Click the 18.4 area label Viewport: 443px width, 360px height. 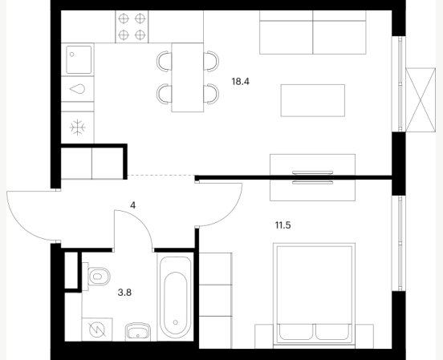pyautogui.click(x=241, y=82)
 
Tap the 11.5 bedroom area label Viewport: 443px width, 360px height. pyautogui.click(x=282, y=225)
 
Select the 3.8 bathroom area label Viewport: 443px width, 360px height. pyautogui.click(x=124, y=293)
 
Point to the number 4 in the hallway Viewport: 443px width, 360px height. pyautogui.click(x=132, y=205)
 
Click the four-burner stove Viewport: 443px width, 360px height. pyautogui.click(x=132, y=26)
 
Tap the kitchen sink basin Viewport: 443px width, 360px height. pyautogui.click(x=79, y=59)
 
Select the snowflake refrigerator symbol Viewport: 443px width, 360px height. pyautogui.click(x=77, y=127)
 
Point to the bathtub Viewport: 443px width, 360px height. pyautogui.click(x=175, y=297)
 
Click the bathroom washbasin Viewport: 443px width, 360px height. pyautogui.click(x=138, y=331)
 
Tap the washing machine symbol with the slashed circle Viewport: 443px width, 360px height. pyautogui.click(x=97, y=330)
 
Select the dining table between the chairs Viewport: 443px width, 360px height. pyautogui.click(x=188, y=77)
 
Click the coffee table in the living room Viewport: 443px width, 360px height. pyautogui.click(x=313, y=100)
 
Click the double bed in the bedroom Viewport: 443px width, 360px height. pyautogui.click(x=314, y=296)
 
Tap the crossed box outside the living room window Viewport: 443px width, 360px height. pyautogui.click(x=421, y=100)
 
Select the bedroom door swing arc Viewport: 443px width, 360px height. pyautogui.click(x=230, y=214)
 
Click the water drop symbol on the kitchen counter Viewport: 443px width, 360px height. pyautogui.click(x=77, y=89)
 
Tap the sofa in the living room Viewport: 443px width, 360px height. pyautogui.click(x=313, y=32)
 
